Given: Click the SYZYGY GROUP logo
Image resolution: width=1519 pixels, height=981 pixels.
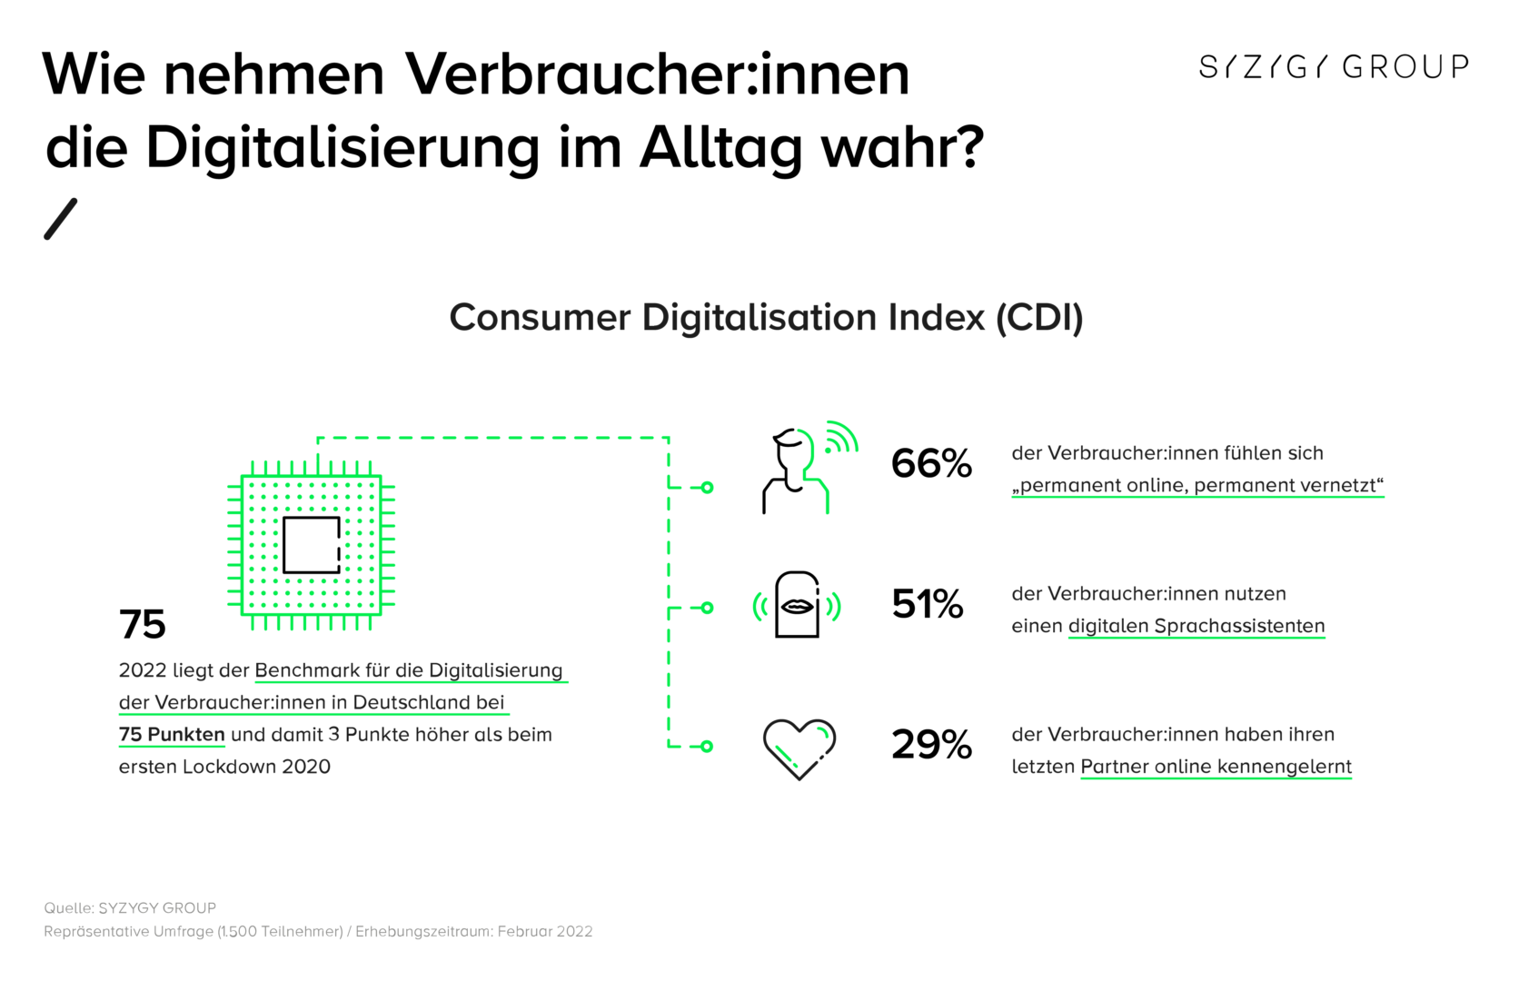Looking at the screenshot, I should pyautogui.click(x=1333, y=66).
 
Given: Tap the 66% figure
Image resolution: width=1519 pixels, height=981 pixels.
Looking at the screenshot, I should pyautogui.click(x=931, y=463).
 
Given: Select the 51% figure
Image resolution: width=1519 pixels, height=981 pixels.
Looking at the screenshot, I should pyautogui.click(x=927, y=604).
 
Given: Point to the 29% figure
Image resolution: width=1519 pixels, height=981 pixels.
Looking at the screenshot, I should pyautogui.click(x=931, y=745).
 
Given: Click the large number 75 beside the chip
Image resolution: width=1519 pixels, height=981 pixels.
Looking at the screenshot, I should pyautogui.click(x=143, y=625).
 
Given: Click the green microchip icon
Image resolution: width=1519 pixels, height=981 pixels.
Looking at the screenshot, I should pyautogui.click(x=311, y=545).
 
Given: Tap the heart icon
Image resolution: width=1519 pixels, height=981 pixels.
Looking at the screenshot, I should pyautogui.click(x=799, y=748).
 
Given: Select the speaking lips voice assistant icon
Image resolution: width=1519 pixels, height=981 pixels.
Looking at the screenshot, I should pyautogui.click(x=797, y=605).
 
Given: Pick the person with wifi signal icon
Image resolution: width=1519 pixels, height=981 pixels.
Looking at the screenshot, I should pyautogui.click(x=804, y=468).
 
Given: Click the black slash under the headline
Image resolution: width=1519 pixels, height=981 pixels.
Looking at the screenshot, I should pyautogui.click(x=61, y=219).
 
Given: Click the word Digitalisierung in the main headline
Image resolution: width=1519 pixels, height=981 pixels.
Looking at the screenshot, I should pyautogui.click(x=343, y=148).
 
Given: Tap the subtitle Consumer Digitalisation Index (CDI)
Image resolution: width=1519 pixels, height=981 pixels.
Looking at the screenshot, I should pyautogui.click(x=766, y=318).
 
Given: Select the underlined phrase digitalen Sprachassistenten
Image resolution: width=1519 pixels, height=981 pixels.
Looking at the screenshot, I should pyautogui.click(x=1196, y=626).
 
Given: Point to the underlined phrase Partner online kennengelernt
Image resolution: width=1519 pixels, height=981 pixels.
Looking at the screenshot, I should pyautogui.click(x=1216, y=767).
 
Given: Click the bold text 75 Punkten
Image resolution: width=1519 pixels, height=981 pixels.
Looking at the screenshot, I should pyautogui.click(x=172, y=734).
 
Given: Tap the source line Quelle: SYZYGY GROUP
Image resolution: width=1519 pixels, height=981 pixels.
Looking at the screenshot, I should pyautogui.click(x=130, y=907).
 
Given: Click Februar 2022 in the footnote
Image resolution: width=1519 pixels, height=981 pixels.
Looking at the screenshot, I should pyautogui.click(x=545, y=931).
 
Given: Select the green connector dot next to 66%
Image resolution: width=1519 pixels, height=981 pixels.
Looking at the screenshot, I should pyautogui.click(x=707, y=488).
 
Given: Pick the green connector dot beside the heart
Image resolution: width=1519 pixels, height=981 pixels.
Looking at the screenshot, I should pyautogui.click(x=707, y=747).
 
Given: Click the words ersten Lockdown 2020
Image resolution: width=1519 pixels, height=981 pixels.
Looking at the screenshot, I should pyautogui.click(x=224, y=767).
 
